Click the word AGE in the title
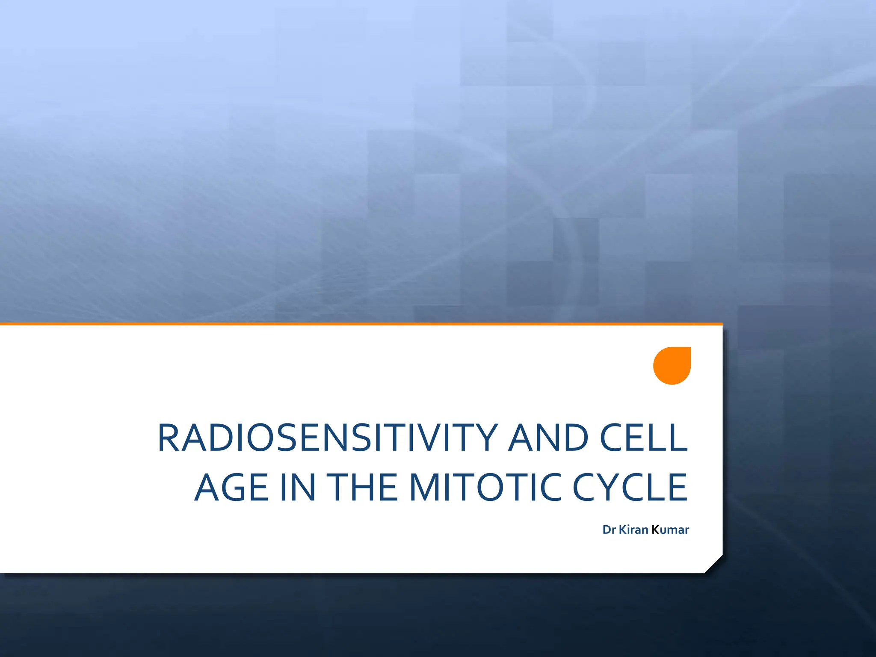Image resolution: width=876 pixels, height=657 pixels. click(231, 488)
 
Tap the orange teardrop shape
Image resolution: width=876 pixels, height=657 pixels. click(672, 366)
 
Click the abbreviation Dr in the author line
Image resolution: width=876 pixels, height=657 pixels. click(609, 530)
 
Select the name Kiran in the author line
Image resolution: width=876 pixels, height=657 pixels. click(633, 530)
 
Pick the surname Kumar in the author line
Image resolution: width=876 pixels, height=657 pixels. click(670, 530)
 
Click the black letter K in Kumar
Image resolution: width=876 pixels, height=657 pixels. click(655, 530)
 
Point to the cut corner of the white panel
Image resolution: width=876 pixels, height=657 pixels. click(713, 565)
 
